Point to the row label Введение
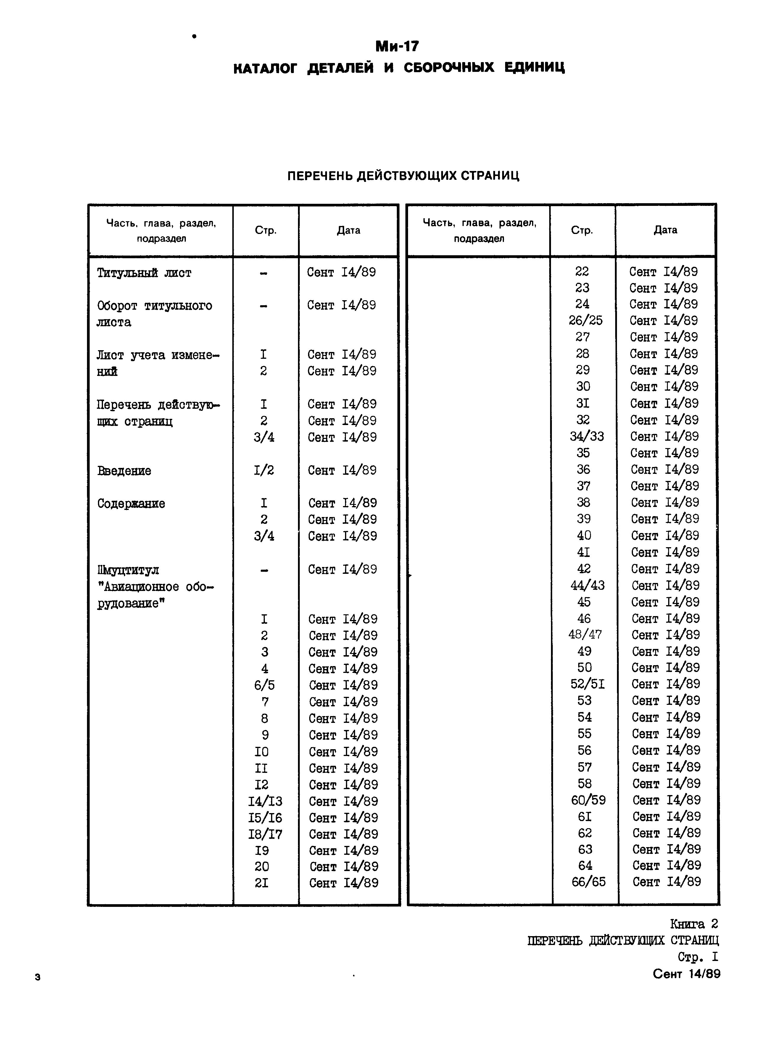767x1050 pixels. (x=124, y=471)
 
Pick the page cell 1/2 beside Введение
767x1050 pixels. (x=264, y=471)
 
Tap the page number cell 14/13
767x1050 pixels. (x=265, y=801)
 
